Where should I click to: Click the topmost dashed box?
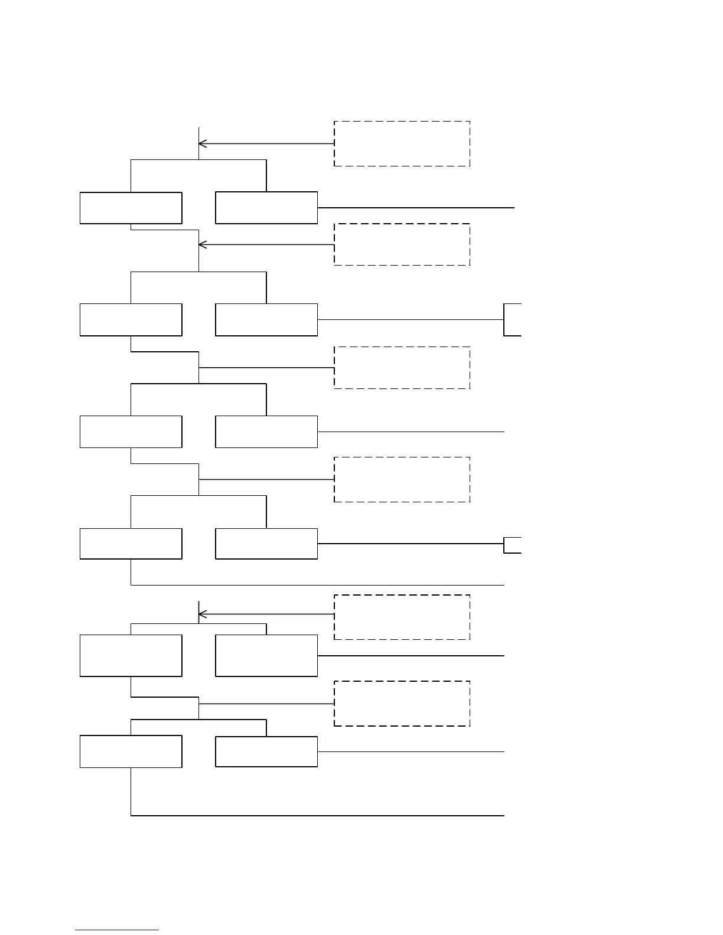click(x=402, y=143)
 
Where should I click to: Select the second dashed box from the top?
click(x=402, y=244)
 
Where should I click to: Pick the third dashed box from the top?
click(x=402, y=367)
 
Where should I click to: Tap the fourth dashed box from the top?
click(x=402, y=479)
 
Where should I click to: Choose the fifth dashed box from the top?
click(x=402, y=617)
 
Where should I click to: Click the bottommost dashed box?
click(x=402, y=704)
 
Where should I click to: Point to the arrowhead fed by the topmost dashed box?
click(x=201, y=143)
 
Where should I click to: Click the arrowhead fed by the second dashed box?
click(x=201, y=244)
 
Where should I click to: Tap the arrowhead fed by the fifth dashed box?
click(x=201, y=614)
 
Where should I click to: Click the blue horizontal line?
click(x=117, y=930)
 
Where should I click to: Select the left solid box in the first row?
click(x=131, y=208)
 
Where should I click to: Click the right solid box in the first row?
click(x=266, y=208)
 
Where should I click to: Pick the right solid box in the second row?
click(x=266, y=319)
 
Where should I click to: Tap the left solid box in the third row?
click(x=131, y=431)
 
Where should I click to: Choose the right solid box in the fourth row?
click(x=266, y=544)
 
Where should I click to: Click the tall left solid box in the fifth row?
click(x=131, y=655)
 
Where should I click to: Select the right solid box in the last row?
click(x=266, y=751)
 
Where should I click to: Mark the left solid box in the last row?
click(x=131, y=751)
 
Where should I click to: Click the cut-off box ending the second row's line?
click(x=513, y=319)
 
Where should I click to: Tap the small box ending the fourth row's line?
click(x=513, y=545)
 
